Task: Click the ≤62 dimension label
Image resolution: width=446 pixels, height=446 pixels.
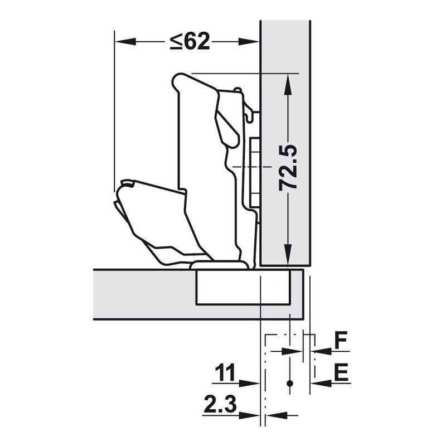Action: (190, 41)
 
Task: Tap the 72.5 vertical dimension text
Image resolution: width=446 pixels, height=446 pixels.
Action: (288, 168)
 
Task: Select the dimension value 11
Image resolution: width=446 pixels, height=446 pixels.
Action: (225, 372)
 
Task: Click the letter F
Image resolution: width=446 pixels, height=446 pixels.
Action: (341, 340)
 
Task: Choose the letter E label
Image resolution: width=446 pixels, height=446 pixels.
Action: (341, 372)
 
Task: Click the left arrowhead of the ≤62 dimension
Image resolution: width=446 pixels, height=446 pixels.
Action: (125, 42)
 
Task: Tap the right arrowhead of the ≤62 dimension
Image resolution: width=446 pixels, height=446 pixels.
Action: (248, 42)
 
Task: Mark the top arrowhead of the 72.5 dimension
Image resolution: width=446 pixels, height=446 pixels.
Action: (288, 84)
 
